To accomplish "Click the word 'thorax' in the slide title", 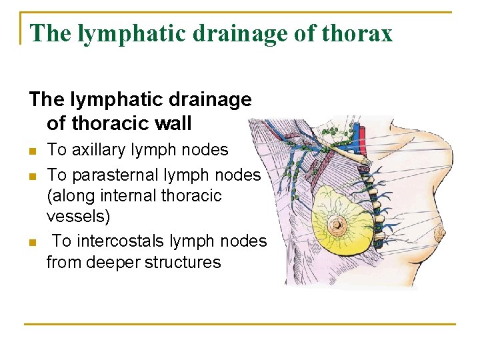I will [x=359, y=33].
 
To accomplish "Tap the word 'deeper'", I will [x=117, y=263].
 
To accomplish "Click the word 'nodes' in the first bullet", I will [x=207, y=150].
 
